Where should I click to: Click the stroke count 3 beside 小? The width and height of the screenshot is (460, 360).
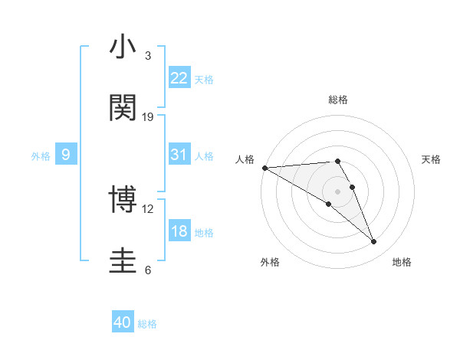click(x=147, y=56)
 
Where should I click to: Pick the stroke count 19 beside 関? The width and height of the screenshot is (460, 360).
click(x=148, y=116)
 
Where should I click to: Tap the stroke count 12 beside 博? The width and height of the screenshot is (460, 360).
click(x=148, y=208)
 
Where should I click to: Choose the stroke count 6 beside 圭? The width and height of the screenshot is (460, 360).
click(x=147, y=270)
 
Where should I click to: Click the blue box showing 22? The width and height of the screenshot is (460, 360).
click(x=179, y=78)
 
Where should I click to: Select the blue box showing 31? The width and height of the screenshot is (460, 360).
click(x=179, y=155)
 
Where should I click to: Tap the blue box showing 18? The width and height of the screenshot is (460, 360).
click(x=179, y=231)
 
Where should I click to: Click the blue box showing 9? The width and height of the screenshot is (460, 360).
click(x=66, y=155)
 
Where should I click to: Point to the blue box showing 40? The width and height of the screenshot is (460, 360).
click(x=123, y=323)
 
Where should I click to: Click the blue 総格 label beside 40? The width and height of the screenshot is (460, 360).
click(x=147, y=324)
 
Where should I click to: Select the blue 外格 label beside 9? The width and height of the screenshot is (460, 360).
click(x=41, y=155)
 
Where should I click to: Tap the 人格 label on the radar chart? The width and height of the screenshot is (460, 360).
click(x=245, y=159)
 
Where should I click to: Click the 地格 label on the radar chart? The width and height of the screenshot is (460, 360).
click(x=402, y=262)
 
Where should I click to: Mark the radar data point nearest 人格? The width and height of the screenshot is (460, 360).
click(x=264, y=168)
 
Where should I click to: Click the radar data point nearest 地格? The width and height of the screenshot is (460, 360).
click(x=374, y=242)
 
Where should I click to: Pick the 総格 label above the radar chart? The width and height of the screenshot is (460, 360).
click(x=338, y=100)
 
